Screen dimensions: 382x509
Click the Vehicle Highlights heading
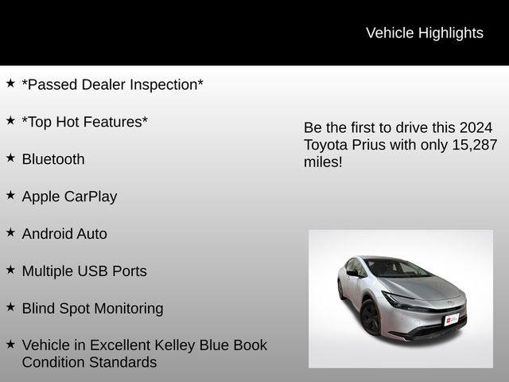(424, 33)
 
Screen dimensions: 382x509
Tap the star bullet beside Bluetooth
(10, 158)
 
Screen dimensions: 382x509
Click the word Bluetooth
(53, 159)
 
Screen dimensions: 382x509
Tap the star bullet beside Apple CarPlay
(10, 195)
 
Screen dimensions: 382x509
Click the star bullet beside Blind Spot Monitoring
(10, 307)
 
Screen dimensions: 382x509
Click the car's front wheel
(370, 317)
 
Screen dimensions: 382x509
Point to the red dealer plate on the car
(452, 318)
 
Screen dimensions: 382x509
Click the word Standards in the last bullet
(122, 363)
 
